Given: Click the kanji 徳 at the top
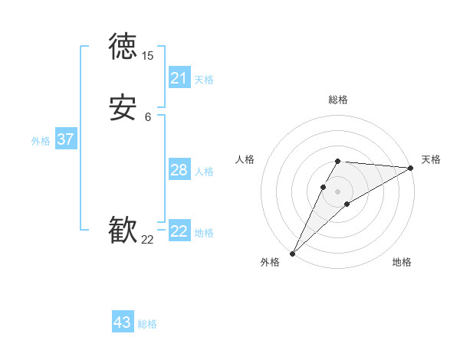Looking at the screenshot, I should click(x=123, y=47).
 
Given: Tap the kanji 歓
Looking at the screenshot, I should click(x=123, y=231).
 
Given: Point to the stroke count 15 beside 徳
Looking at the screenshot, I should click(x=147, y=56).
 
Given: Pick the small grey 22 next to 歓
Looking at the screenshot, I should click(x=147, y=240).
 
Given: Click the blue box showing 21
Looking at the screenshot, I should click(x=179, y=78).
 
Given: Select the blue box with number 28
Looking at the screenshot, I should click(x=179, y=170).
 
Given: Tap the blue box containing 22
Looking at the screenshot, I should click(x=179, y=231).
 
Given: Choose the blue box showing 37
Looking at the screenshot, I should click(x=65, y=139).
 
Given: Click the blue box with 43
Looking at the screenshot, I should click(x=123, y=322).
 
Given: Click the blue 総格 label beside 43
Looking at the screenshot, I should click(x=147, y=324).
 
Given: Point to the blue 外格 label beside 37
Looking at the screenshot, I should click(x=41, y=141).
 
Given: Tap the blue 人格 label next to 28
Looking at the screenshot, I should click(x=205, y=172).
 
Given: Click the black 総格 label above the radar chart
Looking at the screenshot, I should click(x=338, y=100).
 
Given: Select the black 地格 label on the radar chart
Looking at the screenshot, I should click(x=402, y=263).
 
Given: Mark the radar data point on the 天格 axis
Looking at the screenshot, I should click(x=411, y=169).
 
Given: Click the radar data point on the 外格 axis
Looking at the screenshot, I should click(x=292, y=254).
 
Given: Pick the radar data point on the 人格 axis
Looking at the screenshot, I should click(x=324, y=186).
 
